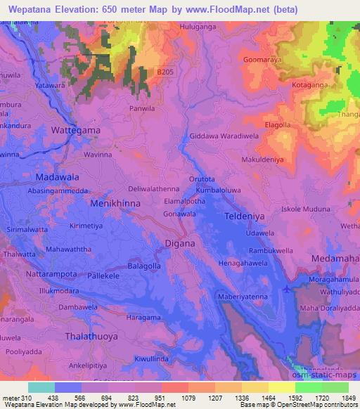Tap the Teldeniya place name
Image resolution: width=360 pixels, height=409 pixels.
click(x=246, y=217)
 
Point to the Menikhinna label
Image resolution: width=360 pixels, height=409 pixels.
click(x=115, y=203)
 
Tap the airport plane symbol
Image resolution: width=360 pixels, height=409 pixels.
click(x=286, y=289)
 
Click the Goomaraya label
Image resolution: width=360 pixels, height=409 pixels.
click(x=262, y=60)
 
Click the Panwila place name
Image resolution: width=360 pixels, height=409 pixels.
click(x=143, y=109)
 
